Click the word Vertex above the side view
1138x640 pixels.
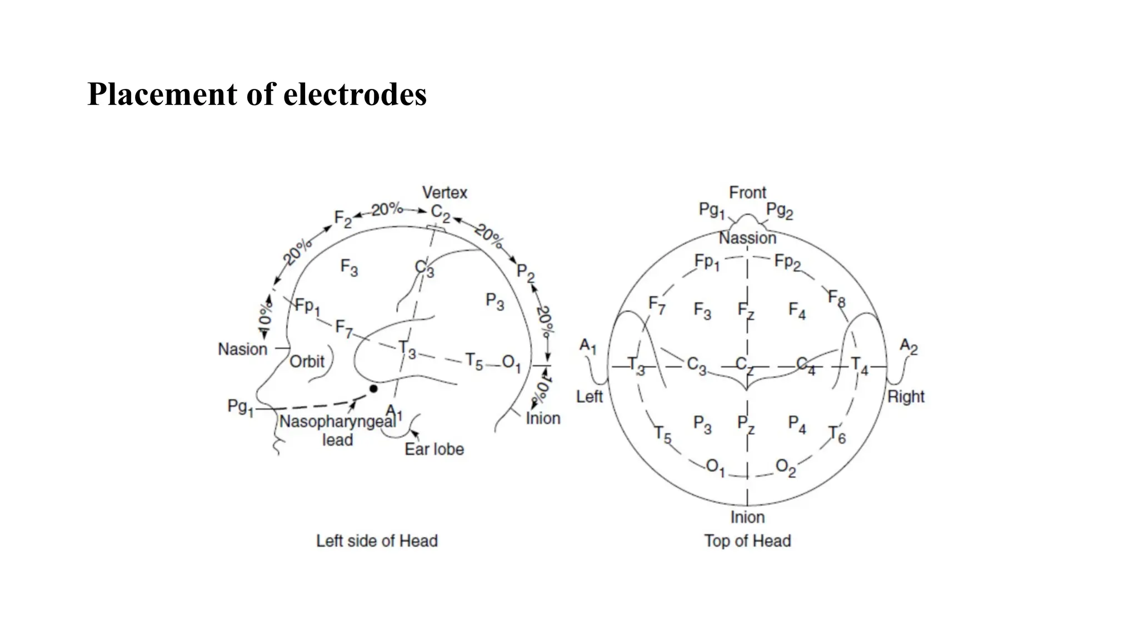coord(445,193)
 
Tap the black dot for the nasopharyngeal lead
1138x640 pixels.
coord(373,389)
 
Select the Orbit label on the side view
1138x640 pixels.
coord(307,362)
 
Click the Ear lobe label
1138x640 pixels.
coord(434,449)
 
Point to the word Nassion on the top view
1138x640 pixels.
coord(747,238)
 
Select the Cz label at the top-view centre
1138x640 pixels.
coord(745,365)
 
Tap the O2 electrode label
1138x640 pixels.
coord(785,467)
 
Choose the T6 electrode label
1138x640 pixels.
coord(837,434)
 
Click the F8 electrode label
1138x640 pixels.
coord(836,298)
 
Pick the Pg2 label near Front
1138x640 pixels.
coord(780,211)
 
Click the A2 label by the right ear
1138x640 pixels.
coord(909,347)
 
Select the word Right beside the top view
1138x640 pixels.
coord(906,397)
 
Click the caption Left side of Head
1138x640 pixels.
coord(377,541)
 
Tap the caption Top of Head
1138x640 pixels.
coord(747,541)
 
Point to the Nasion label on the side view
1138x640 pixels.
coord(242,349)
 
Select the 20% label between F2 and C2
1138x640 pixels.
coord(387,209)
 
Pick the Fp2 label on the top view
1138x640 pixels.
coord(787,262)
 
